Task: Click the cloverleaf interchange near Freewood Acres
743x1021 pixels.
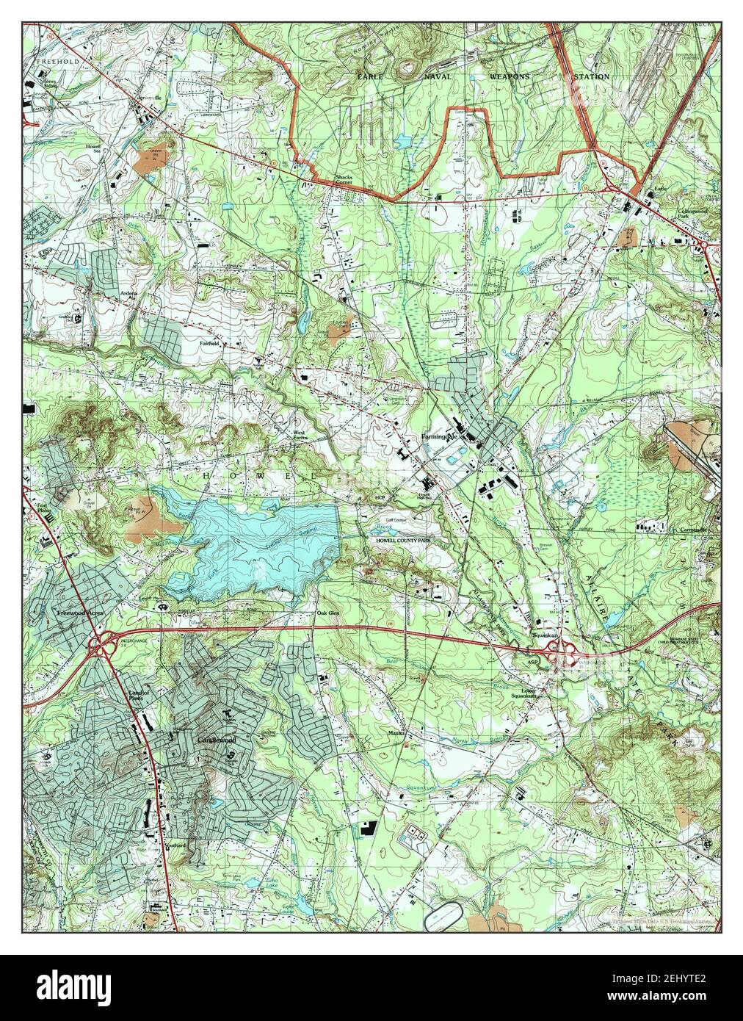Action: click(x=99, y=644)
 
